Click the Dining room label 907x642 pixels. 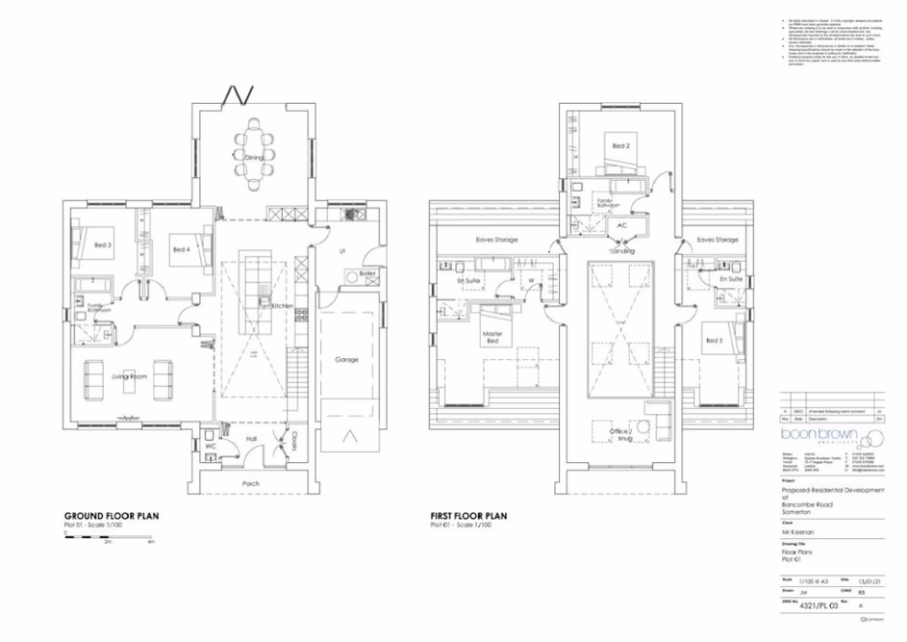253,157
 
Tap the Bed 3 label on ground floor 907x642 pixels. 103,245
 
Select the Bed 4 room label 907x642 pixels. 182,249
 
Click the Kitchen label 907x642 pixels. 282,305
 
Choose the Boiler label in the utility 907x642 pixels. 366,273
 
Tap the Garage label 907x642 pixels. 347,360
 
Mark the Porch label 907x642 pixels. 251,482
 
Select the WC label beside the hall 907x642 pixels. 210,447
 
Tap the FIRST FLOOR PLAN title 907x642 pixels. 467,516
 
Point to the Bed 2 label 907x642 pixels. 621,146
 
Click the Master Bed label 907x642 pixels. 493,337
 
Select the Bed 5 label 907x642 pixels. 713,341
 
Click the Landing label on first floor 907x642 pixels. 621,250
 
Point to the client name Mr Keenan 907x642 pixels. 796,530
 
